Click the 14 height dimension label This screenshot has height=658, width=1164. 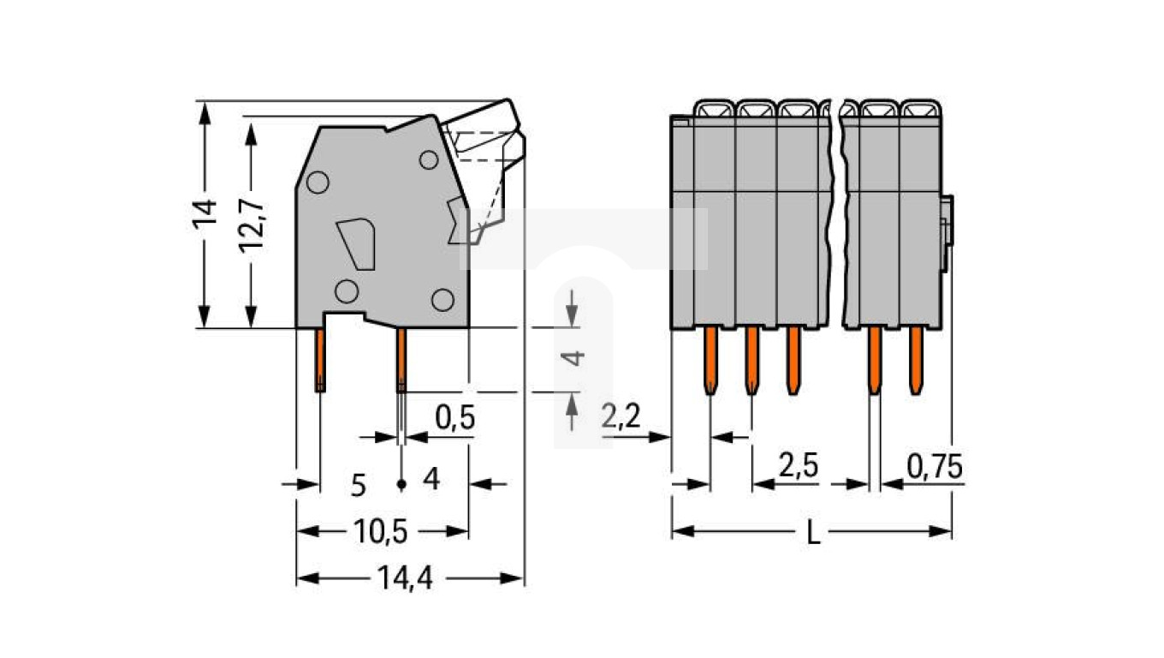click(x=205, y=214)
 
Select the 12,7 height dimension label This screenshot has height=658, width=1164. click(x=252, y=226)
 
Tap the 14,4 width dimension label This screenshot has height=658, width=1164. click(x=405, y=578)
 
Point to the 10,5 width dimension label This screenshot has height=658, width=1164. click(x=380, y=531)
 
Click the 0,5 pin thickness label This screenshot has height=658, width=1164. click(x=454, y=418)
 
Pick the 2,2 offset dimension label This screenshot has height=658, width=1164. click(x=621, y=416)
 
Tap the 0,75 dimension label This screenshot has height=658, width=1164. click(x=935, y=467)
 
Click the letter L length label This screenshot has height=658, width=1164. click(x=813, y=534)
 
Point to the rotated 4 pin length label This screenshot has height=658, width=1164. click(x=573, y=358)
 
